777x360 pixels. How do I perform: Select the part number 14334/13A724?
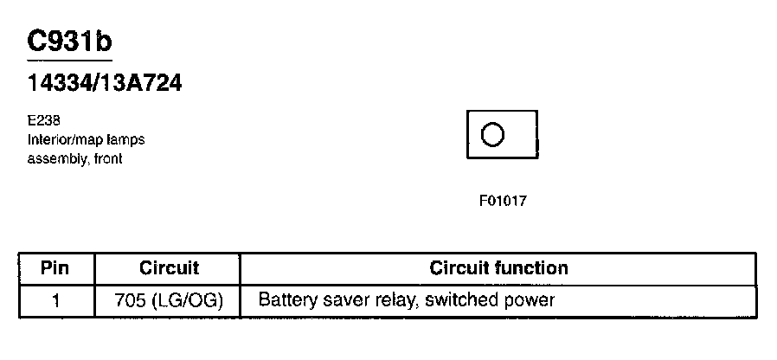[x=105, y=83]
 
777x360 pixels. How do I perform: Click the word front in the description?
[x=107, y=159]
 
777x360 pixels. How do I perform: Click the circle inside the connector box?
[x=492, y=135]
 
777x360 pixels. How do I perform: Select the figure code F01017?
[x=503, y=201]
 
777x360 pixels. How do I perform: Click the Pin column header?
[x=55, y=268]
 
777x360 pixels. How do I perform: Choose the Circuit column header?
[x=169, y=268]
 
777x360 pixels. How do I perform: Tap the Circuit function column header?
[x=498, y=268]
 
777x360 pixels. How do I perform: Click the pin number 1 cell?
[x=55, y=301]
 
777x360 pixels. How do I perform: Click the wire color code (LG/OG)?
[x=188, y=301]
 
